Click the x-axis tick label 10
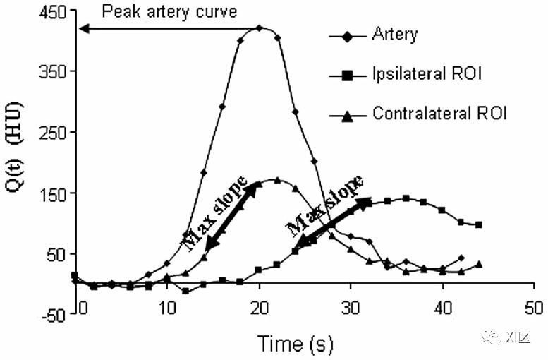point(167,308)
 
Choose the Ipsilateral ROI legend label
point(427,73)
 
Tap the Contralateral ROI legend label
point(439,113)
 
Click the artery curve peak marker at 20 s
point(260,28)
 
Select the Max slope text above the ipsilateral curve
point(327,207)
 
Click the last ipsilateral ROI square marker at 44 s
point(479,224)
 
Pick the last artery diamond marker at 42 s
point(461,258)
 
